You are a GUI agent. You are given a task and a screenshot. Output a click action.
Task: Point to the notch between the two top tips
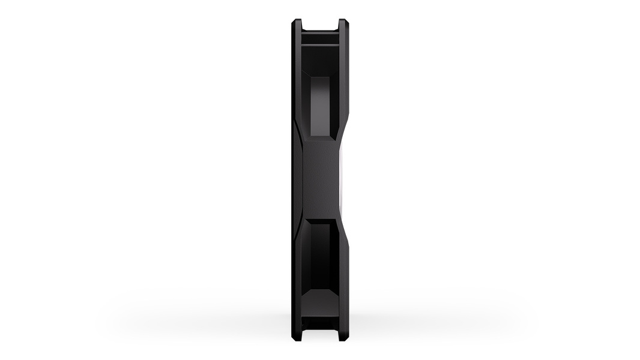320,25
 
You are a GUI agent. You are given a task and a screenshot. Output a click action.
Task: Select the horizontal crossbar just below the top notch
320,37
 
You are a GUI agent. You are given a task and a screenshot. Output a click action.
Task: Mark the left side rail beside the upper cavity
297,78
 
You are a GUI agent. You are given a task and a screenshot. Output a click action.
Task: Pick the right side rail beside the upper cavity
344,78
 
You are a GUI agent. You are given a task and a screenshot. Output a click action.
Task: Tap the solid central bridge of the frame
320,180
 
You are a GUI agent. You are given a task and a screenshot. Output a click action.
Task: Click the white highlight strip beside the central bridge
340,180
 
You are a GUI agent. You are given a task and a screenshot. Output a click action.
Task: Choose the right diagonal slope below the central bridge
342,231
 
